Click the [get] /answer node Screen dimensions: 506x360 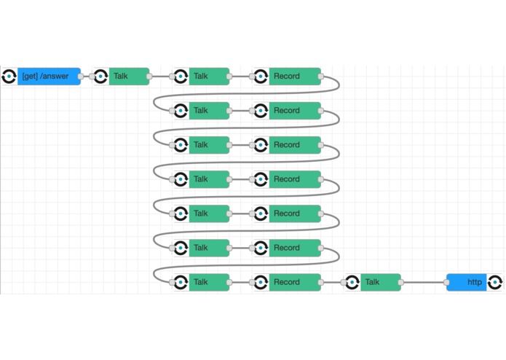(x=41, y=77)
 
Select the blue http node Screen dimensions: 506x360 (x=475, y=283)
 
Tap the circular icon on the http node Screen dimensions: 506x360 (x=494, y=283)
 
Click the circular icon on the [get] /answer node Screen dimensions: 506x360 (x=9, y=77)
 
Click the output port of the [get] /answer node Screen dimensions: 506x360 (x=81, y=77)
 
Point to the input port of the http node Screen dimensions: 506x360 (x=446, y=283)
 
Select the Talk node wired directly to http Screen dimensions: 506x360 (x=373, y=283)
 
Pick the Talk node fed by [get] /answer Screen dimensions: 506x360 (x=121, y=77)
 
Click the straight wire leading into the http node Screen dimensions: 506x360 (x=424, y=283)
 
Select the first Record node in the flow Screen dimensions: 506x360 (x=287, y=77)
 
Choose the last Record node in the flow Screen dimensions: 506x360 (x=287, y=283)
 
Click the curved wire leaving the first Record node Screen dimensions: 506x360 (x=245, y=94)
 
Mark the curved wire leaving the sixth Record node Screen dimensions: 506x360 (x=245, y=265)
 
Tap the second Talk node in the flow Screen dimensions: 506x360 (x=201, y=77)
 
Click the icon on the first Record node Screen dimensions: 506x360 (x=261, y=77)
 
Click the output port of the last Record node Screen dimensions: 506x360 (x=321, y=283)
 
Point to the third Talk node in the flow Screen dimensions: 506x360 (x=201, y=111)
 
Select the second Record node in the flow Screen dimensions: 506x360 (x=287, y=111)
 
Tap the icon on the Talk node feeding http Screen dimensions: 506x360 (x=352, y=283)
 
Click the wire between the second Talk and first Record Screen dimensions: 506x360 (x=241, y=77)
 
